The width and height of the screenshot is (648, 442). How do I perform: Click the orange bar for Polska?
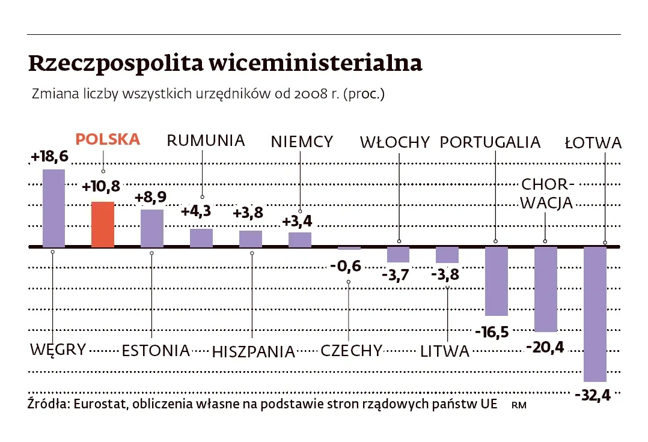click(103, 224)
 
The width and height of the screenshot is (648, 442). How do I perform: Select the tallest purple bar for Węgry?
click(53, 208)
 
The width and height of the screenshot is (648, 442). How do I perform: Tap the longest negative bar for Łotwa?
click(595, 313)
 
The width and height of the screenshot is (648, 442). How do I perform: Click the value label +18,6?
click(49, 157)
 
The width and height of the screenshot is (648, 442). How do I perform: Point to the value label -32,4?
click(592, 396)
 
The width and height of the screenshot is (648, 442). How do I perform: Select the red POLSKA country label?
click(108, 139)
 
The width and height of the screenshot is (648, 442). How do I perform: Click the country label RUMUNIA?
click(206, 141)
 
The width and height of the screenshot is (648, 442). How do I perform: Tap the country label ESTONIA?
click(156, 351)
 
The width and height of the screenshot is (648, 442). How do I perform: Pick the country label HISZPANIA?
click(254, 351)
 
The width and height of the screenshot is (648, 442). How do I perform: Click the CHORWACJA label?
click(547, 193)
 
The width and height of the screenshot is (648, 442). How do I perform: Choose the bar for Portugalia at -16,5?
click(497, 281)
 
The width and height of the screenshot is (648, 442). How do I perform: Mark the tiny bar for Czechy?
click(349, 248)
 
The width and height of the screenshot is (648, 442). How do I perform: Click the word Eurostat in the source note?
click(100, 404)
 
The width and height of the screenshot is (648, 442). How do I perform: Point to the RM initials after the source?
click(518, 405)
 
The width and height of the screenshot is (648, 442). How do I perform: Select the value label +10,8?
click(101, 187)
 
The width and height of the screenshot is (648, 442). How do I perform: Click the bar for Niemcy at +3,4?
click(300, 240)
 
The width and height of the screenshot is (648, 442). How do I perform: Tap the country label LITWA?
click(444, 351)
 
